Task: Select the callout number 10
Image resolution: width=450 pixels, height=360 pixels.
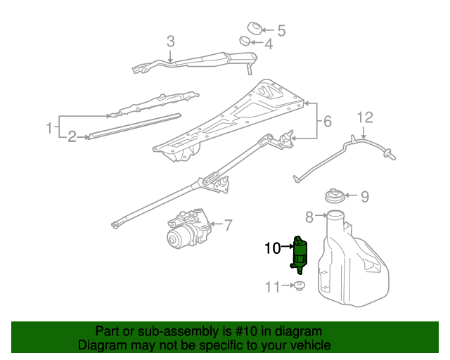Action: [x=272, y=247]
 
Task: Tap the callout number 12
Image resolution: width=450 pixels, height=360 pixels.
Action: [x=365, y=117]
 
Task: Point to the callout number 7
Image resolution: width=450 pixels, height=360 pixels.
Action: [x=227, y=226]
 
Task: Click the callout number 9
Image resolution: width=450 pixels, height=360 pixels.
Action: [x=365, y=196]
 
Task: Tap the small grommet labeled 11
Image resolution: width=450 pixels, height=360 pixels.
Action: [x=300, y=286]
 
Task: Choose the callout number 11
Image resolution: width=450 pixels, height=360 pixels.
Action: [x=272, y=286]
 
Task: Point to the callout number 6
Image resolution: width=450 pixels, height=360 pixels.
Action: [x=327, y=122]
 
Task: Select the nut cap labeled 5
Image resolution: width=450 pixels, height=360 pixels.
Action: [x=255, y=29]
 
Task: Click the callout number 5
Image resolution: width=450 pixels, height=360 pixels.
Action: [x=281, y=30]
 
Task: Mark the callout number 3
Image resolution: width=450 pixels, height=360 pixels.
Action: [x=170, y=41]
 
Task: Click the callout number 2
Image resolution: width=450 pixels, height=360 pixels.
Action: [x=72, y=136]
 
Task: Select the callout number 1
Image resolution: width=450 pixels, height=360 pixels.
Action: [x=49, y=128]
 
